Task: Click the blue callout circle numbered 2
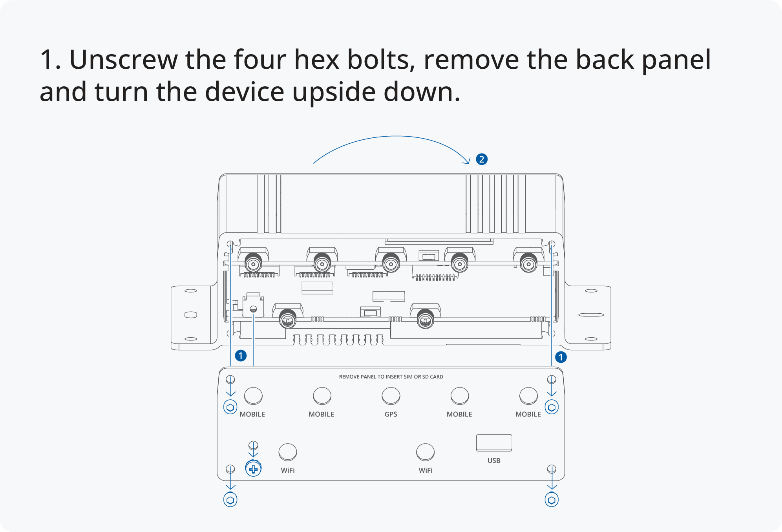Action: point(482,159)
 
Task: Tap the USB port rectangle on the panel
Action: point(494,442)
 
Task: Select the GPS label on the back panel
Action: point(391,414)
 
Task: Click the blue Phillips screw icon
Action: point(253,468)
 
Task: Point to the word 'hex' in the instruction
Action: point(316,60)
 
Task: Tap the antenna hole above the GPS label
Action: point(391,396)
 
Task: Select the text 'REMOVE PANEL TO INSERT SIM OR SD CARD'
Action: point(391,377)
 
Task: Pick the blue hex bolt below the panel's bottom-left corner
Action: point(230,500)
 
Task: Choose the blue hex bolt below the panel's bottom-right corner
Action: point(552,500)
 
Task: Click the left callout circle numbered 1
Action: point(241,356)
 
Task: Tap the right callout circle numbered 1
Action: point(561,357)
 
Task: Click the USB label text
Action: point(494,461)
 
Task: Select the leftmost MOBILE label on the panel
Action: point(252,414)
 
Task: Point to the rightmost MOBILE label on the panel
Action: point(528,414)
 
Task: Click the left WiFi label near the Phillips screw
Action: point(288,470)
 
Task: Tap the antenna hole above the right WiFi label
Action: point(425,452)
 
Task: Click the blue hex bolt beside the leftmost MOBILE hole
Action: point(230,407)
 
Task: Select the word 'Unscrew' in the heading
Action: point(123,60)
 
